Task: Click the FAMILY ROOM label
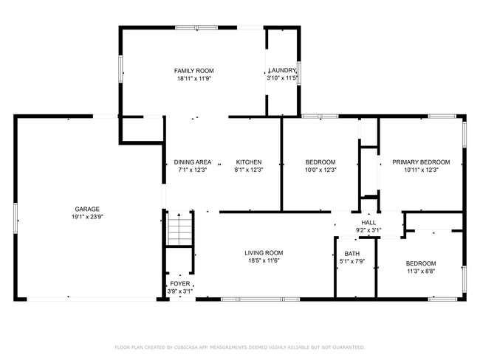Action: point(194,71)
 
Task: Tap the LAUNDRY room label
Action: point(282,70)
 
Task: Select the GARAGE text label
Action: point(87,210)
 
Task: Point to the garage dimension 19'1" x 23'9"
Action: point(87,217)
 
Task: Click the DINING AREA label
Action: point(193,162)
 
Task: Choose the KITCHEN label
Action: point(249,162)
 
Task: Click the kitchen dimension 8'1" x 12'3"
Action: point(249,170)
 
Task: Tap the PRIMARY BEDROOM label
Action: point(421,162)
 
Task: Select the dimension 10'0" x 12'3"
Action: point(320,170)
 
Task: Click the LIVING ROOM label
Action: point(264,253)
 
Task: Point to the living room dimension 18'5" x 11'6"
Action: point(264,260)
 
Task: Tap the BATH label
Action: point(352,254)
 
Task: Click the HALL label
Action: point(368,222)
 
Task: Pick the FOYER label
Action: point(180,284)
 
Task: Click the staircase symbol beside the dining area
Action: point(180,228)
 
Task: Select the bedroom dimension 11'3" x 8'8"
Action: point(421,271)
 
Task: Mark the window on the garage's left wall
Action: point(16,218)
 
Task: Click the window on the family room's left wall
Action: point(120,69)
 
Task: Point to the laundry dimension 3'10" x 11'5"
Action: point(282,78)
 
